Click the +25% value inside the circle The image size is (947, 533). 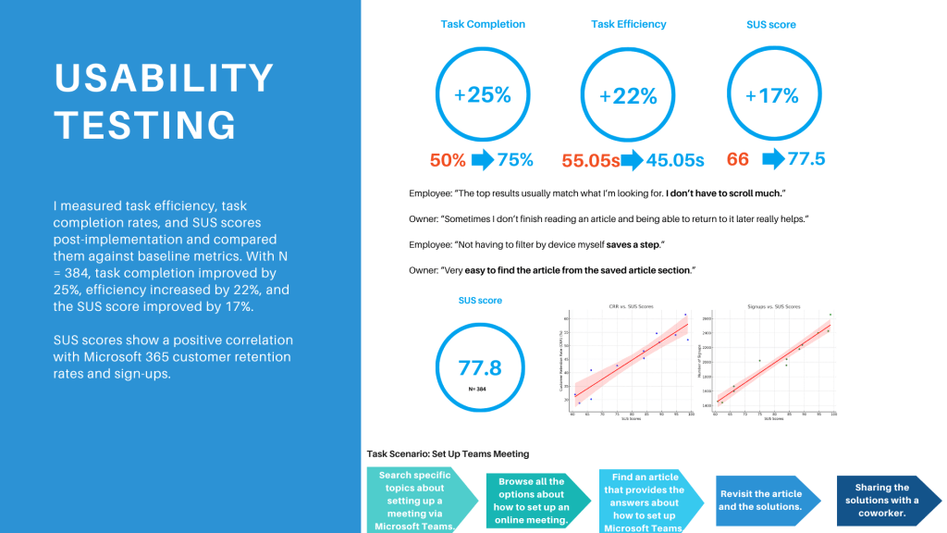(482, 93)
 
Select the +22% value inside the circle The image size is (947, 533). (628, 96)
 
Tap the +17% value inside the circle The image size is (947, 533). (770, 95)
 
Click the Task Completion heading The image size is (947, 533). (483, 24)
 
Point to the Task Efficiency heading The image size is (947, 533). (629, 24)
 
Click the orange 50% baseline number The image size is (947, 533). (448, 159)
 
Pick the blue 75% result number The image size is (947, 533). (515, 159)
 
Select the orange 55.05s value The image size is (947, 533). (591, 160)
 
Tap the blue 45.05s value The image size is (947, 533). (675, 160)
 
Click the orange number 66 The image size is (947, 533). (738, 159)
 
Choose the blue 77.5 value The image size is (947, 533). (806, 159)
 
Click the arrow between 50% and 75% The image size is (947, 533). (482, 159)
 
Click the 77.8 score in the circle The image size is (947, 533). (480, 367)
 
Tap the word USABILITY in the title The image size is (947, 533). (165, 79)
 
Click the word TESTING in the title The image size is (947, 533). (145, 124)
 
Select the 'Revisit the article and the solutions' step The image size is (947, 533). (761, 500)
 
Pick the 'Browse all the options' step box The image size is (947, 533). (531, 500)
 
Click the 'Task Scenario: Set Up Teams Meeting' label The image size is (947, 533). (448, 453)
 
